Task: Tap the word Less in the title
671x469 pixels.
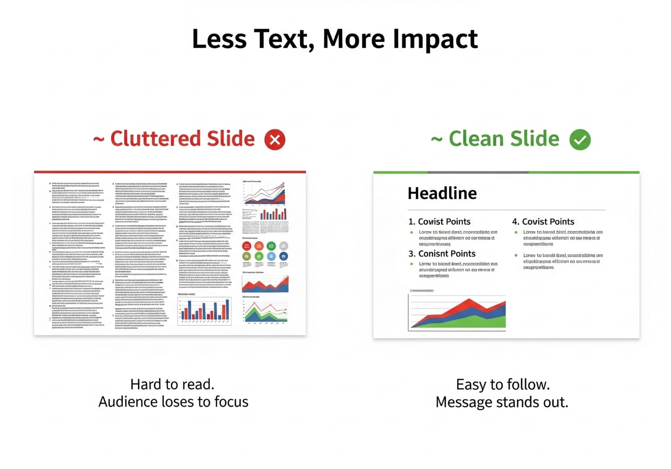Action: point(219,39)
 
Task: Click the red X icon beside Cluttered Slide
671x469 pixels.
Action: point(275,140)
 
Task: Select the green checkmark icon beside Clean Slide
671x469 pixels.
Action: point(580,140)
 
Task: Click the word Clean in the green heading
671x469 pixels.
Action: point(476,139)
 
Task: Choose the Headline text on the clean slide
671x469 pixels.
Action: point(442,193)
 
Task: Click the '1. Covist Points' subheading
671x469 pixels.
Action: point(440,222)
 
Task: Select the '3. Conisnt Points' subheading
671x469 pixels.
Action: point(442,254)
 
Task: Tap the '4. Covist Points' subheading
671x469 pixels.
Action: point(543,222)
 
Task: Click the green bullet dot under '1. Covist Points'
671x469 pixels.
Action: point(411,232)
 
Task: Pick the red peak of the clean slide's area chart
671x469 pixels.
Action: point(469,300)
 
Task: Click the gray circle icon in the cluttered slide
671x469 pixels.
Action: point(283,246)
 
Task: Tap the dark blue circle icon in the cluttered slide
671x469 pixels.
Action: point(283,256)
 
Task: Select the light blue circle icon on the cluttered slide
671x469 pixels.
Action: point(271,256)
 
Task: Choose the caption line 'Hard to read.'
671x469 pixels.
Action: point(172,384)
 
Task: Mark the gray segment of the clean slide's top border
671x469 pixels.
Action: point(478,172)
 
